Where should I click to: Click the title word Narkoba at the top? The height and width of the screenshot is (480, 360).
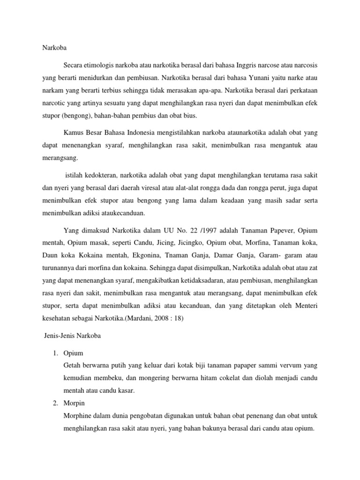[x=48, y=47]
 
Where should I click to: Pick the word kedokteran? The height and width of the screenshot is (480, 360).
[x=97, y=175]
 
